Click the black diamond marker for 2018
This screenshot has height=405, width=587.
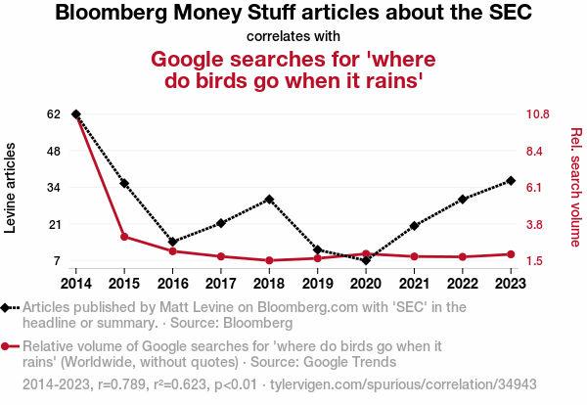[269, 200]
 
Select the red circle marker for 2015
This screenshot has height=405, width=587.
[124, 237]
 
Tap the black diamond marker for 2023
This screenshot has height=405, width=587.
[511, 181]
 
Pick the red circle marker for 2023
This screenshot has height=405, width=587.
[511, 254]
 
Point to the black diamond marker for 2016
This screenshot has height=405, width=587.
[172, 242]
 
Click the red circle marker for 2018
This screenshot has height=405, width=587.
[269, 260]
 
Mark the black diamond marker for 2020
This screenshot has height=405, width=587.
[366, 260]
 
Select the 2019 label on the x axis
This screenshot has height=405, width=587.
[317, 284]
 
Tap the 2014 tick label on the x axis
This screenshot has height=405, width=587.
[76, 284]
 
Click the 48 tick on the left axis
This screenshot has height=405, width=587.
[54, 152]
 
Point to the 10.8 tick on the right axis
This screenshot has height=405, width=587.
[537, 114]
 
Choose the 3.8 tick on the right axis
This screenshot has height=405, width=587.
[534, 225]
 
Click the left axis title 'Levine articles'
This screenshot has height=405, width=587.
[10, 188]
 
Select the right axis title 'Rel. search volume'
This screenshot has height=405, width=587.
[576, 187]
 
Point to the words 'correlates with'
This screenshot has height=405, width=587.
[293, 36]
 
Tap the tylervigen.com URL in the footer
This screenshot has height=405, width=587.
[403, 384]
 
